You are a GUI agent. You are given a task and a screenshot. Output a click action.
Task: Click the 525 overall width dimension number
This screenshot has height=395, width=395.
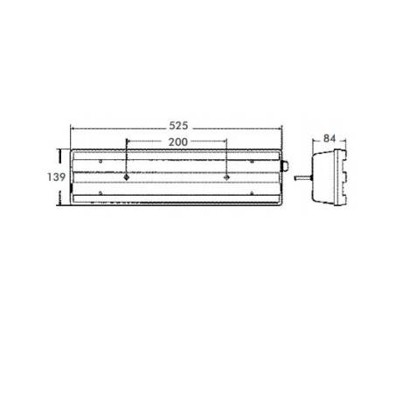(178, 126)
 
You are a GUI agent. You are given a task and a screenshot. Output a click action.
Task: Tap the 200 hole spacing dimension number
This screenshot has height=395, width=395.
(178, 142)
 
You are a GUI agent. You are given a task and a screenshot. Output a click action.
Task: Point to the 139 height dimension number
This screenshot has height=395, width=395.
(56, 177)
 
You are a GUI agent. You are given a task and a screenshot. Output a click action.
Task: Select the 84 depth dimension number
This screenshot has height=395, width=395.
(329, 139)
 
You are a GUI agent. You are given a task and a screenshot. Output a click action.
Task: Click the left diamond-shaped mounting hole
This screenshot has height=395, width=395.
(127, 177)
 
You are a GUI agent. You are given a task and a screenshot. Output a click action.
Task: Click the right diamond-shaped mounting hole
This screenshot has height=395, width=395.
(226, 177)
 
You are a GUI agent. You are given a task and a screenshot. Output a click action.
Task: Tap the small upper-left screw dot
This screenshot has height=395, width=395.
(100, 162)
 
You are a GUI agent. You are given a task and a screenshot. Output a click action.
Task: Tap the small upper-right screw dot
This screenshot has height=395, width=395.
(252, 162)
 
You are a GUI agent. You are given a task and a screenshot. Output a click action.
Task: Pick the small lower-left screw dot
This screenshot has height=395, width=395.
(100, 193)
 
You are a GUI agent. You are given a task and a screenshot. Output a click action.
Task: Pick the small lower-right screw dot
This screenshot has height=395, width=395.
(252, 193)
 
